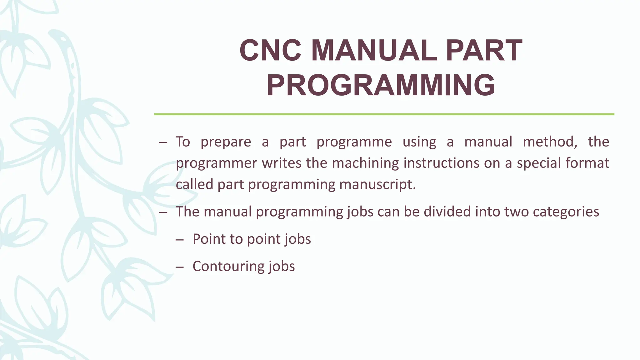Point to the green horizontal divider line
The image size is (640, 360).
pos(384,114)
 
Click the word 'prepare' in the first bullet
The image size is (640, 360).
pos(226,142)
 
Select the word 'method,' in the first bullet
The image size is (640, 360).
pos(550,142)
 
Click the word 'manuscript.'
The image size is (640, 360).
pos(377,185)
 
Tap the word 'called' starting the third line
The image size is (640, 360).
pos(194,184)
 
